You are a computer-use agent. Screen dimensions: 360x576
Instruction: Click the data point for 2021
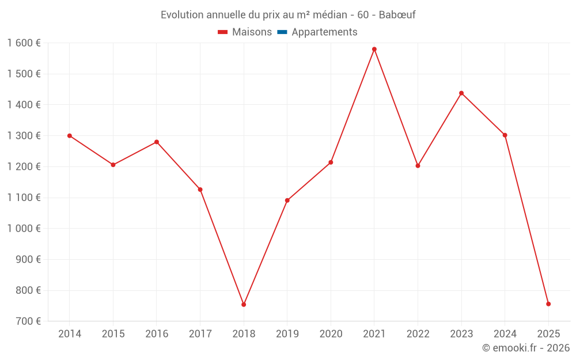[374, 49]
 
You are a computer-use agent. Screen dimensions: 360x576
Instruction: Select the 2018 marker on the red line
[244, 305]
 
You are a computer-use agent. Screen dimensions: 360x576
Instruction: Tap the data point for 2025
[548, 304]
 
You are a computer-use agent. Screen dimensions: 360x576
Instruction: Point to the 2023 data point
[461, 93]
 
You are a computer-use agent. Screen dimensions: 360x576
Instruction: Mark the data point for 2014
[70, 136]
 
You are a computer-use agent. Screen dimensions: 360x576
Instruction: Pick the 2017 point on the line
[200, 190]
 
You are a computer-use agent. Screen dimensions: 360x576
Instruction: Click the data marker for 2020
[331, 162]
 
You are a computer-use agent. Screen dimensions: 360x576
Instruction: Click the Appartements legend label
[324, 32]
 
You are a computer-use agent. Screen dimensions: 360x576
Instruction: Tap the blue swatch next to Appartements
[282, 32]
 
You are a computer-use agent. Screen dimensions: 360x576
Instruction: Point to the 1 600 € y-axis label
[24, 43]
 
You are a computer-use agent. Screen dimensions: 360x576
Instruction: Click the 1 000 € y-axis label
[24, 229]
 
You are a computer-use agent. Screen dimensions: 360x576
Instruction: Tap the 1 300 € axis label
[24, 136]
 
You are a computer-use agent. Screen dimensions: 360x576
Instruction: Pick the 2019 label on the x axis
[287, 334]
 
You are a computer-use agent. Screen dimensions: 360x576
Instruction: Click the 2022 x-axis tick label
[418, 334]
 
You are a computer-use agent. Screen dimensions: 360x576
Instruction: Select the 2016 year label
[157, 334]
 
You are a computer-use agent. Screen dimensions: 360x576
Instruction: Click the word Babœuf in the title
[397, 15]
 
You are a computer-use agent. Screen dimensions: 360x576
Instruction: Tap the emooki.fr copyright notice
[526, 348]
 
